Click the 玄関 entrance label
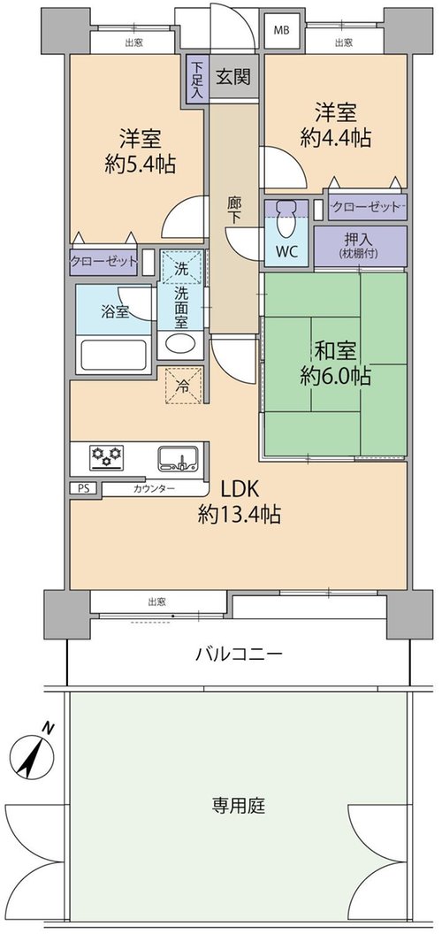(232, 76)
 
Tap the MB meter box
(281, 31)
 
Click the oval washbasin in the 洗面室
(180, 344)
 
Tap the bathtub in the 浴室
(113, 355)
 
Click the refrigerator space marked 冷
(184, 386)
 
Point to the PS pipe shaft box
(82, 488)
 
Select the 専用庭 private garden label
(239, 807)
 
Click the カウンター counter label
(155, 489)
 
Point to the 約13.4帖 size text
(240, 514)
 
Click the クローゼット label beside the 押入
(365, 207)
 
